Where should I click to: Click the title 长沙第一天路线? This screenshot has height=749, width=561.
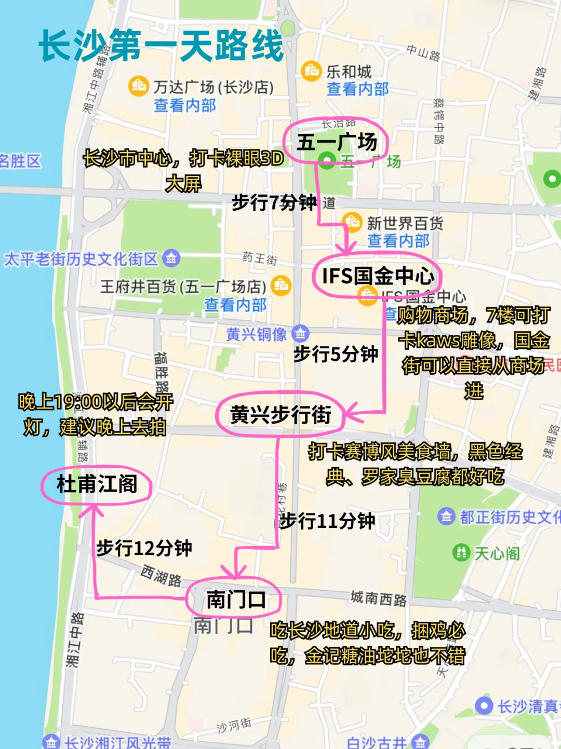click(161, 46)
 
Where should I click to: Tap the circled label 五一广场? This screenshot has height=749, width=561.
click(336, 142)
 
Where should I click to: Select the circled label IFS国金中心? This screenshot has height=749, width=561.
click(377, 276)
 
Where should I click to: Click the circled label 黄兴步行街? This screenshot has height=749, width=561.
click(280, 415)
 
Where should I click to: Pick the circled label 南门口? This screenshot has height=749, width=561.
click(235, 600)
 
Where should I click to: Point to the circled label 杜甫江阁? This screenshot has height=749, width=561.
click(97, 484)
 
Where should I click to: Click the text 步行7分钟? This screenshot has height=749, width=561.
click(274, 202)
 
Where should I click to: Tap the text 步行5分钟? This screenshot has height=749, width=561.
click(336, 354)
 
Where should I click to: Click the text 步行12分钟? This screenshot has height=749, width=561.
click(144, 548)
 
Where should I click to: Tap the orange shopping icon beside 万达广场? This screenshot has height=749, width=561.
click(139, 86)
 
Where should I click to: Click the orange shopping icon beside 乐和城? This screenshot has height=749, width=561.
click(311, 71)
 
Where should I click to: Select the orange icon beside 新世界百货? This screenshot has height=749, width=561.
click(352, 222)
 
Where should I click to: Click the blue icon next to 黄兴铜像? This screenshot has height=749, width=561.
click(300, 333)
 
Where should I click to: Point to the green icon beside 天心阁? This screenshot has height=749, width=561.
click(461, 552)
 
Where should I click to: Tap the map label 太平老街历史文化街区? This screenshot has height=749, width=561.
click(81, 258)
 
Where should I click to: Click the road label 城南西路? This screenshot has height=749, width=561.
click(378, 598)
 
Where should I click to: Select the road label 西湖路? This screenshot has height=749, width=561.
click(162, 576)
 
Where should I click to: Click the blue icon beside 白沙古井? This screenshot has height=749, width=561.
click(420, 742)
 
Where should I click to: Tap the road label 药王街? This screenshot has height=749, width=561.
click(260, 258)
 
